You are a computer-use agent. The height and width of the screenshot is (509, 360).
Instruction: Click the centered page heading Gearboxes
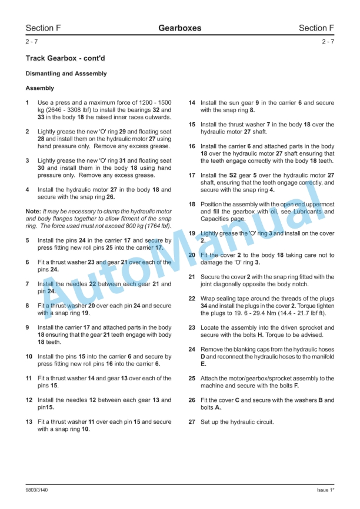[x=179, y=28]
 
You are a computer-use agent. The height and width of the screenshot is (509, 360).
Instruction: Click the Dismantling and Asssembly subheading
[x=66, y=74]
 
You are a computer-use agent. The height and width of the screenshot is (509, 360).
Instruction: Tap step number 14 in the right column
[x=192, y=103]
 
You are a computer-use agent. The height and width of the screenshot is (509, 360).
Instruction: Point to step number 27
[x=192, y=422]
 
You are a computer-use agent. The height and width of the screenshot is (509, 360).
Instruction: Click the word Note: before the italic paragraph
[x=33, y=211]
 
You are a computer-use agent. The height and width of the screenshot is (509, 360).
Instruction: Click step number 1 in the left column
[x=28, y=103]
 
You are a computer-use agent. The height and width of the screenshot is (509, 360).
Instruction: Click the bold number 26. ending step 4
[x=111, y=197]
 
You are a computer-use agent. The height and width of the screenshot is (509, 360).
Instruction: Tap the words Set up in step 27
[x=210, y=422]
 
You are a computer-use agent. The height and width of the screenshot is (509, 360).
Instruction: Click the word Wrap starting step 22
[x=208, y=299]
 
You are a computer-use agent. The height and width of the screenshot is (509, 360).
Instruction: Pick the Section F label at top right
[x=316, y=28]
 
